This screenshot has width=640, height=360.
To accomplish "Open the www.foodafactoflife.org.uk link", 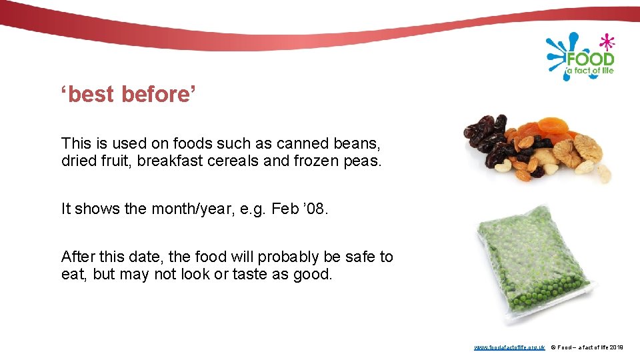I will click(509, 347).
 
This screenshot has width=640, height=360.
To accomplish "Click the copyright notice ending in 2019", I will click(587, 347).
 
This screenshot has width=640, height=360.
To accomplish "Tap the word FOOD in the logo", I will click(589, 59).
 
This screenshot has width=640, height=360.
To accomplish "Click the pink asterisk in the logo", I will click(606, 42).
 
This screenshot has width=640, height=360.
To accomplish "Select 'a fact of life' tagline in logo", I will click(589, 71).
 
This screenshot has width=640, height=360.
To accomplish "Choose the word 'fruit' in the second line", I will click(116, 161).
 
